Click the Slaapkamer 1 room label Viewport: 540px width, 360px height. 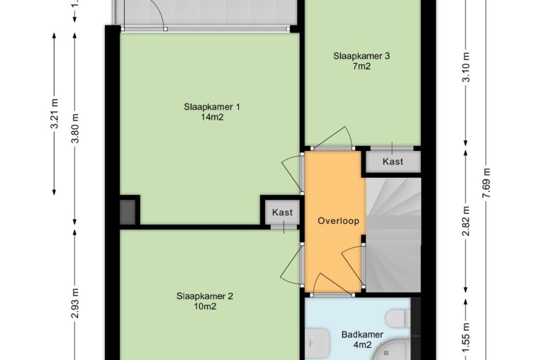point(212,107)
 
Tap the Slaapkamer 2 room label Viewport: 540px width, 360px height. point(205,296)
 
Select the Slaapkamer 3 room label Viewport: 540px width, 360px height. point(361,56)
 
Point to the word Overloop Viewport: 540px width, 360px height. point(338,221)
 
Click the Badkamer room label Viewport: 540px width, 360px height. point(362,334)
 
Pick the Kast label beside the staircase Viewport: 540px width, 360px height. point(393,162)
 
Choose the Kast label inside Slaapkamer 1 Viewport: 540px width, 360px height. point(282,213)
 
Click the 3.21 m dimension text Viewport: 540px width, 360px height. point(55,113)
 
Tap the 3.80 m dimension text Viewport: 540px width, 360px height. point(75,128)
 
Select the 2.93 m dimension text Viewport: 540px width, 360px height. point(75,303)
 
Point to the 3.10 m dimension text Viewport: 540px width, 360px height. point(466,67)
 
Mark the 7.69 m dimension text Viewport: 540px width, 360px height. point(487,183)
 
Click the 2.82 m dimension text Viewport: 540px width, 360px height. point(466,221)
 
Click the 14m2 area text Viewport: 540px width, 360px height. point(212,118)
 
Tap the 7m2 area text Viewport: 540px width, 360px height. point(361,67)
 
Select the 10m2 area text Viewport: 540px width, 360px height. point(205,307)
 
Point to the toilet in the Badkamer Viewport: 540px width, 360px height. point(398,318)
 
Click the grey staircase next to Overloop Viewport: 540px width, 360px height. point(393,235)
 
